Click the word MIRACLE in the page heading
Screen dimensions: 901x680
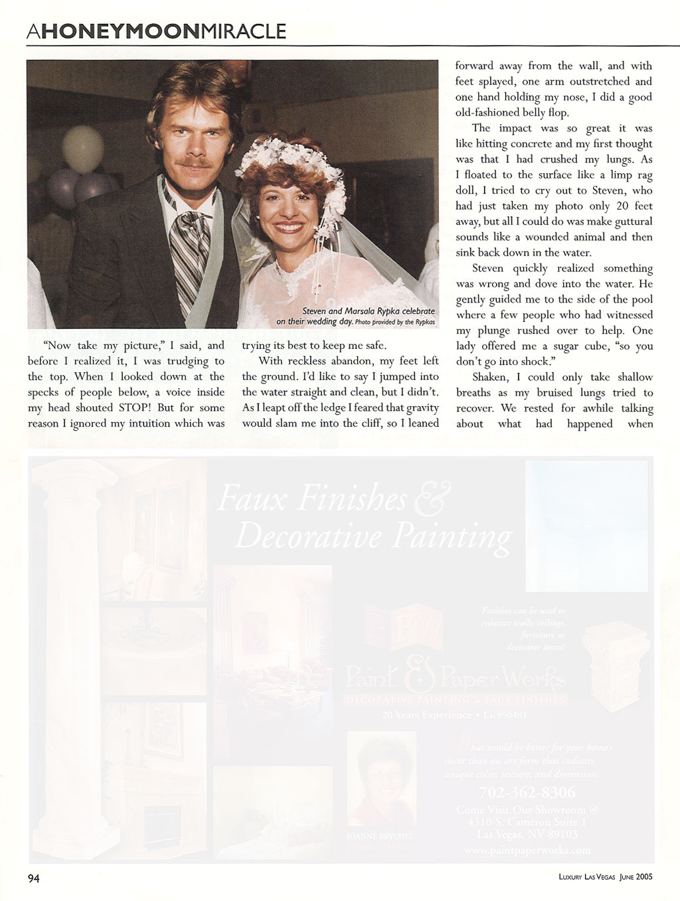pos(244,31)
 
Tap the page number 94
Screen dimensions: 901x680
pos(33,878)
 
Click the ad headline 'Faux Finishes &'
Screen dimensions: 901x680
pos(325,500)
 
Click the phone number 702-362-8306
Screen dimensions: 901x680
pos(527,793)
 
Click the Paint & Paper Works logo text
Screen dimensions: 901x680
pos(456,678)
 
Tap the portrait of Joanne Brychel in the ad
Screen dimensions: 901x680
pos(381,777)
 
